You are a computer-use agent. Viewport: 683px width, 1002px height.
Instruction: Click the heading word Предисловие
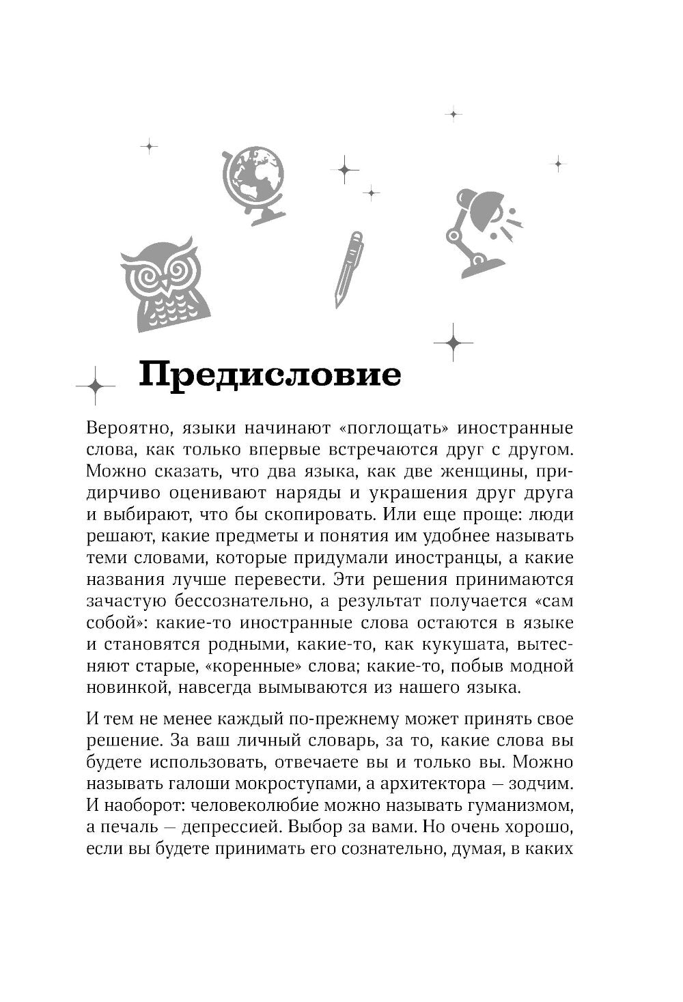(270, 376)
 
